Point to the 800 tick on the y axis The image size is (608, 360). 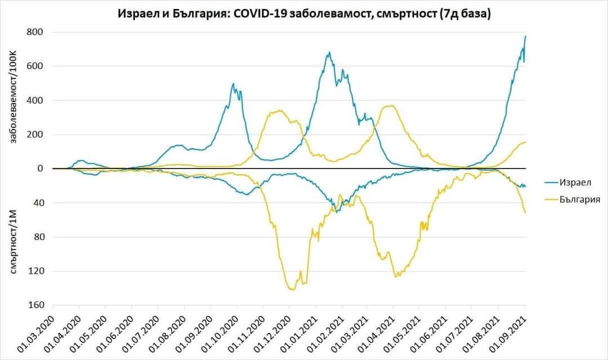(35, 32)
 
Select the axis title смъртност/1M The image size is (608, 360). (15, 242)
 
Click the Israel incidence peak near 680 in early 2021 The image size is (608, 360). (329, 52)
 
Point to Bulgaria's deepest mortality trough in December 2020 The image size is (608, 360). (292, 290)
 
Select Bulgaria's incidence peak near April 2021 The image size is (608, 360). (389, 105)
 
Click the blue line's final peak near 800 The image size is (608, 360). (525, 36)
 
